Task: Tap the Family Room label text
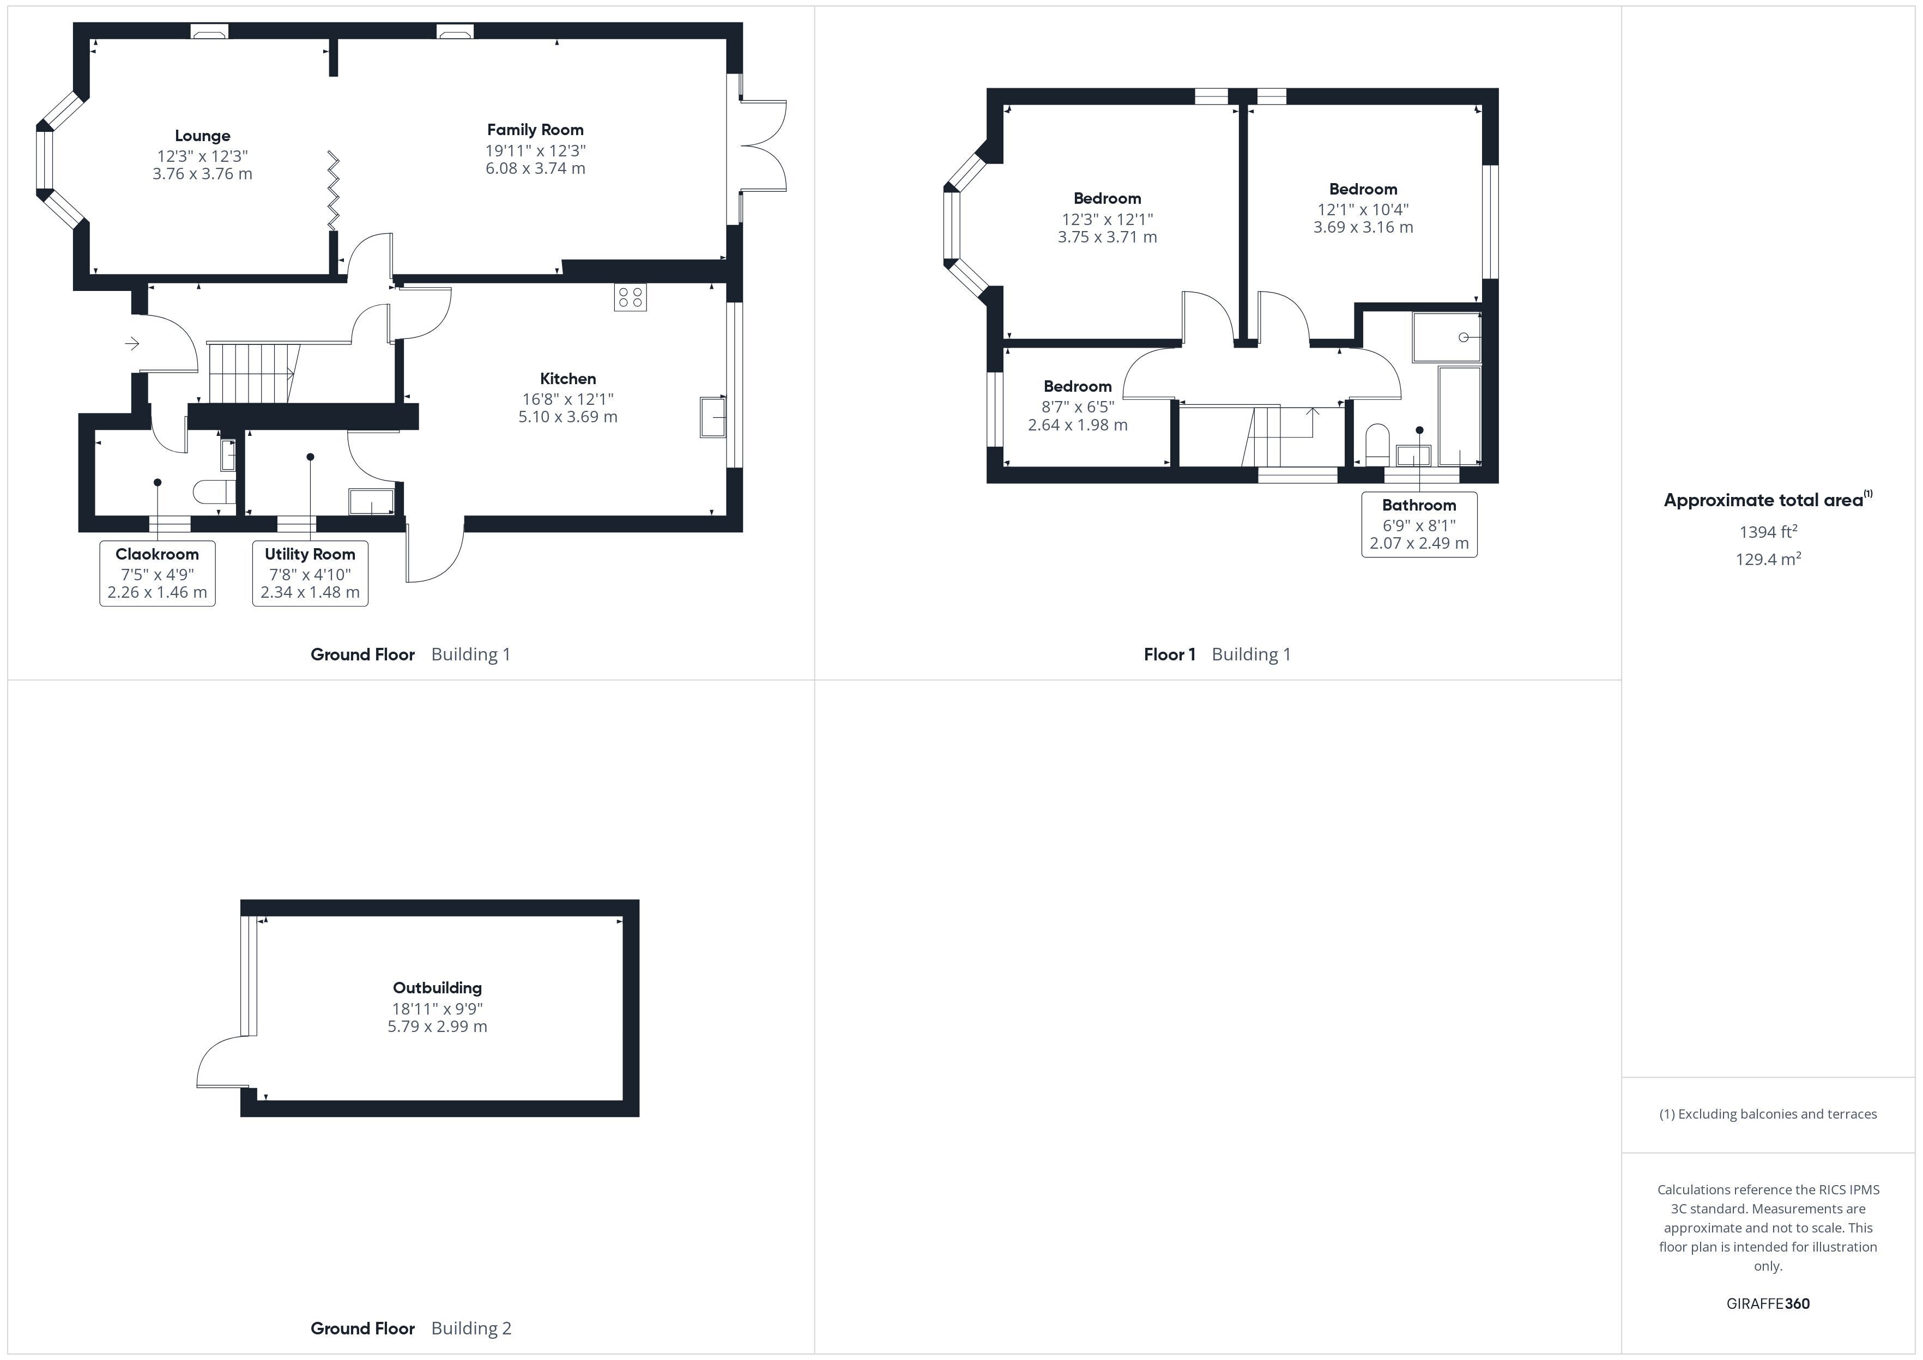tap(535, 130)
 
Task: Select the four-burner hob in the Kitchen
tap(630, 297)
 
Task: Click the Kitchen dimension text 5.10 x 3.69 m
tap(568, 417)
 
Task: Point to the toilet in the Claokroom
tap(214, 491)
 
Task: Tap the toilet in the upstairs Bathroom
tap(1377, 445)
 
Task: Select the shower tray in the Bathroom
tap(1447, 337)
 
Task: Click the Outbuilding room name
tap(437, 988)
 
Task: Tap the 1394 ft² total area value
tap(1768, 532)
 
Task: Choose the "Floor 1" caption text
tap(1169, 655)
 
